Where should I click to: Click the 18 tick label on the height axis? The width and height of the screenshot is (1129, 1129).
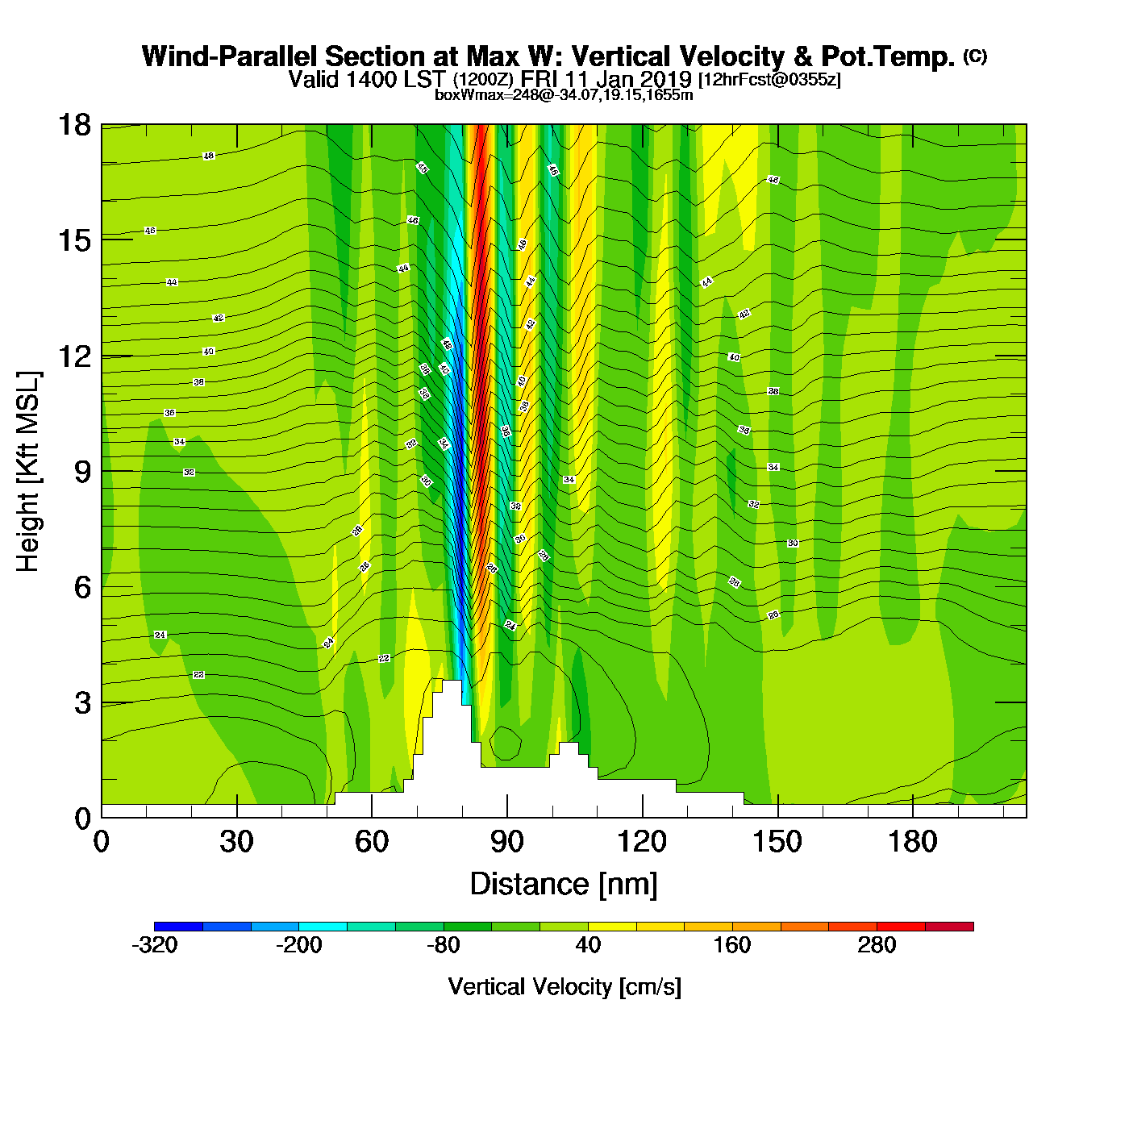point(74,125)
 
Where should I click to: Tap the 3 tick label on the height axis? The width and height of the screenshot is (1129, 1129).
point(82,703)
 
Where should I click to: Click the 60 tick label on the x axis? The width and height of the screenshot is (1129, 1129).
point(372,843)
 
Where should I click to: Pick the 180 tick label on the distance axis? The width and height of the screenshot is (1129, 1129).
point(913,843)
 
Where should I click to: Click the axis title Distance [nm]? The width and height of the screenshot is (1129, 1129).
point(564,885)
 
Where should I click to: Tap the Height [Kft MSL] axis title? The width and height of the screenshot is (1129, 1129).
point(29,472)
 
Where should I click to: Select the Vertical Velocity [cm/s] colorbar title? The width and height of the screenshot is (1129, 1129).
point(564,987)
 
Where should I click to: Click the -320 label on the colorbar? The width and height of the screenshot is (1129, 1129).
point(154,945)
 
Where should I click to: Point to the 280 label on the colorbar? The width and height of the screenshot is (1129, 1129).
point(877,945)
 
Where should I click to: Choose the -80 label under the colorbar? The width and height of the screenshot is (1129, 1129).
point(444,945)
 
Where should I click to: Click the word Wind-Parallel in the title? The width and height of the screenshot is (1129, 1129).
point(231,57)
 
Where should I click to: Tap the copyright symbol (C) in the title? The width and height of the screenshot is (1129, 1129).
point(974,56)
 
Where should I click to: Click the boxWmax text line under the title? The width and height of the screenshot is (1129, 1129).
point(564,95)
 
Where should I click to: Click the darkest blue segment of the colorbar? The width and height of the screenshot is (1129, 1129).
point(178,927)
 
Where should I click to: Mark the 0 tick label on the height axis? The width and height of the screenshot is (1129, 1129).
point(82,819)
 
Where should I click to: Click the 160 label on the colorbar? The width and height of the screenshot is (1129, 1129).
point(732,945)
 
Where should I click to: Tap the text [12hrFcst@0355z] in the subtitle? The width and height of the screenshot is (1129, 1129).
point(769,79)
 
